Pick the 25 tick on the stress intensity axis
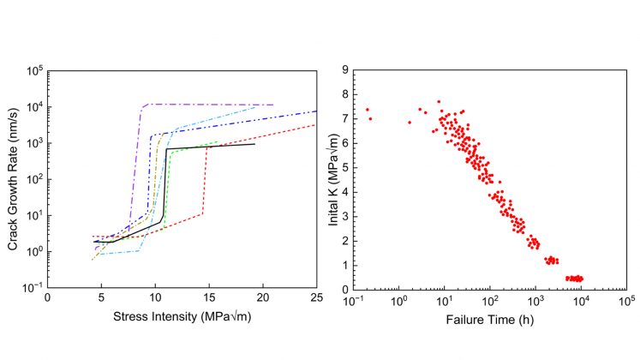(316, 298)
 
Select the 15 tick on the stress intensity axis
(208, 298)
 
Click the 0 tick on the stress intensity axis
(47, 298)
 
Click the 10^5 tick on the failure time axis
(626, 300)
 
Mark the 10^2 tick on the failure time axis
(489, 300)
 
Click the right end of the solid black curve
(254, 144)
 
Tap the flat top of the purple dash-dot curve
(206, 105)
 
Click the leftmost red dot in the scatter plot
(368, 110)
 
